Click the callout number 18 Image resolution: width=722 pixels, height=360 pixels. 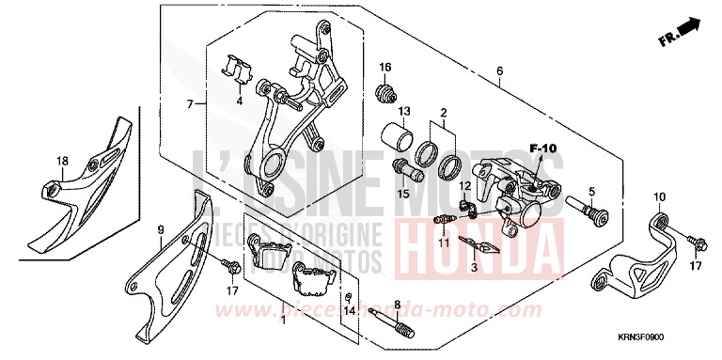[62, 162]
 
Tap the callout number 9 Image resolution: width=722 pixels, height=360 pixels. [160, 229]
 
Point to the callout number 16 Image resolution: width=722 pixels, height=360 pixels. [385, 67]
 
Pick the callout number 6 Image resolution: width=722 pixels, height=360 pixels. [499, 71]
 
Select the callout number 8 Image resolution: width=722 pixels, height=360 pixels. [398, 305]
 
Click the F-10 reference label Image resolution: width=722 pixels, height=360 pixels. [542, 148]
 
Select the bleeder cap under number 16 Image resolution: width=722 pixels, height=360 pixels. [385, 92]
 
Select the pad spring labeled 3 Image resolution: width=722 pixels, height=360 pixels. [480, 246]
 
